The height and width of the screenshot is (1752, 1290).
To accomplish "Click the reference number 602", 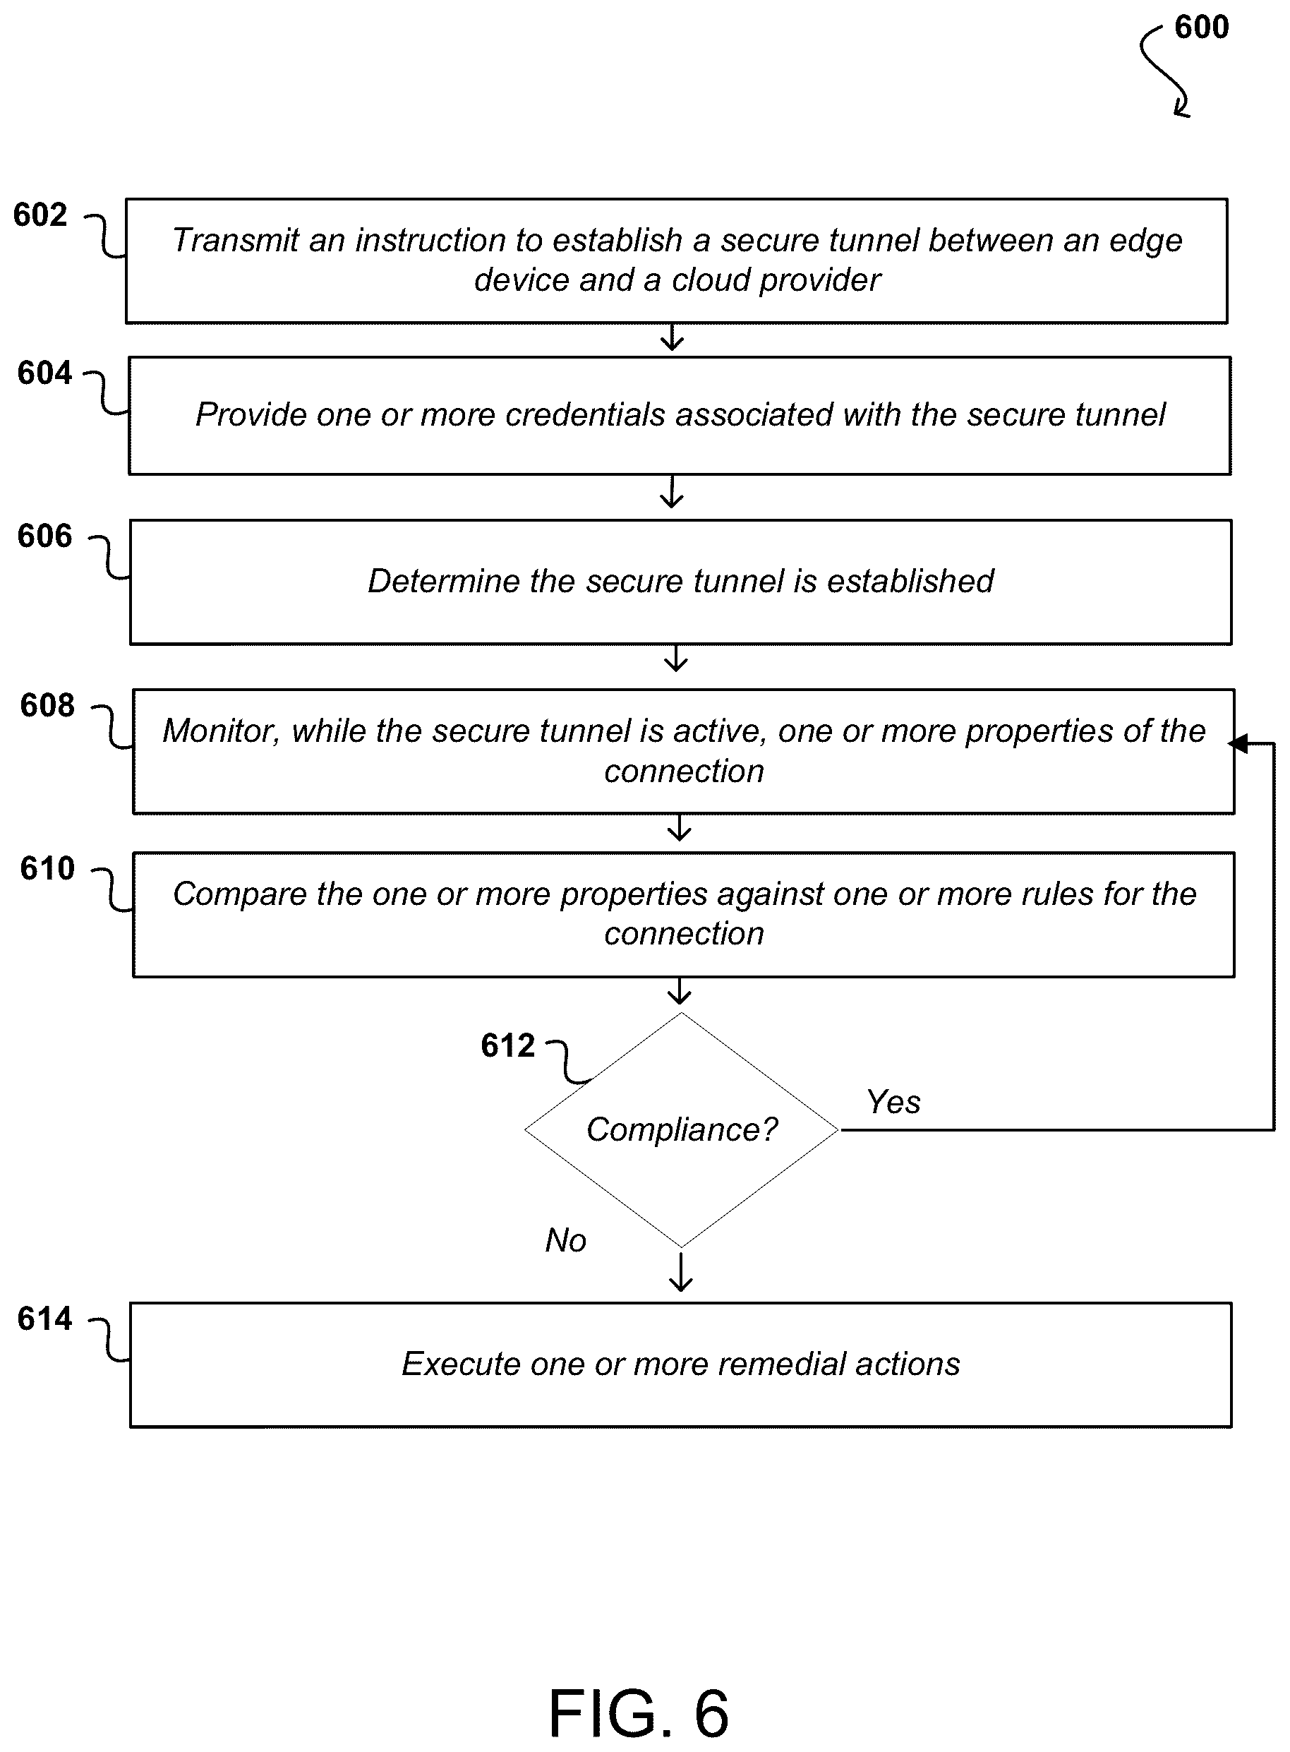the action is [41, 215].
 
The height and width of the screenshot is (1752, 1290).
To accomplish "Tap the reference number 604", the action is [44, 373].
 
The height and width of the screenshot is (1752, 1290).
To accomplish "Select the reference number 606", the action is [44, 536].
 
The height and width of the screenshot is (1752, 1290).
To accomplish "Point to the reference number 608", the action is [47, 705].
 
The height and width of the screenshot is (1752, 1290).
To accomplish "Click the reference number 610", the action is [47, 868].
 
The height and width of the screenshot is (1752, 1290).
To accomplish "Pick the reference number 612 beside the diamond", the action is [507, 1045].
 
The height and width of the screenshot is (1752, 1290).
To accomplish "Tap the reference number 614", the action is [44, 1319].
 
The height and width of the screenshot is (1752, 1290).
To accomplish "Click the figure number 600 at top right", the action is [1202, 28].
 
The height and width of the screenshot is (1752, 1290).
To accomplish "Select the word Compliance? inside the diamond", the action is [682, 1129].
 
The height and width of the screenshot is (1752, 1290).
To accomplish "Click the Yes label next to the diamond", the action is [893, 1102].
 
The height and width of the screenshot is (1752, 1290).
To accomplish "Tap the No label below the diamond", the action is [565, 1240].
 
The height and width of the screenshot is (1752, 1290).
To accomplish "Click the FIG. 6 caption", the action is [639, 1713].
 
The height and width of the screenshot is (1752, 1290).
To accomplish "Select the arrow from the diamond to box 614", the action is [681, 1271].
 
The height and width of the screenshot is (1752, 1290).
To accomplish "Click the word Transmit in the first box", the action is [235, 241].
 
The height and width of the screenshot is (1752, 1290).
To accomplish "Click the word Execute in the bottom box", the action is [460, 1364].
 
